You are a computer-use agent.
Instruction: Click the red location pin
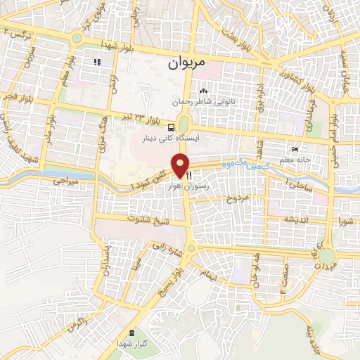pos(181,166)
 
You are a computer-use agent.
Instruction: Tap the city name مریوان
pos(187,63)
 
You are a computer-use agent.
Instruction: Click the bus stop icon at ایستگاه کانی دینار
pos(172,127)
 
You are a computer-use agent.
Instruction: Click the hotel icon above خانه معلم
pos(295,150)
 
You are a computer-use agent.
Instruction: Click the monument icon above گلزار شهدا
pos(132,331)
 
